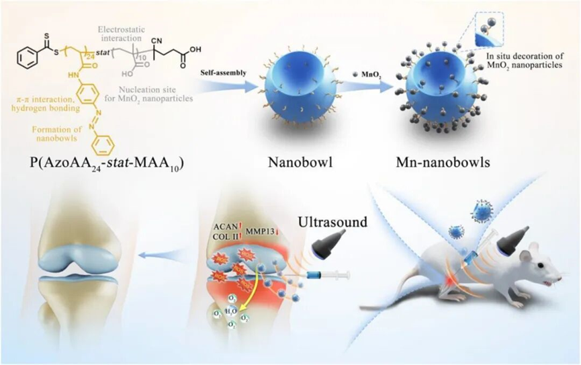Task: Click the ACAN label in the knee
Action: point(225,227)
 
